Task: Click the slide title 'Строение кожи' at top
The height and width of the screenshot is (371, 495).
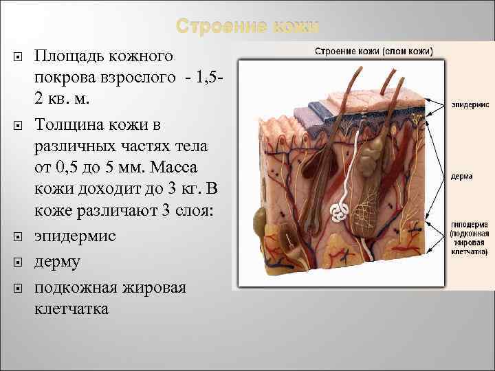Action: tap(247, 27)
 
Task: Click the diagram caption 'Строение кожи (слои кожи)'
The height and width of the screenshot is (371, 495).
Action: tap(374, 51)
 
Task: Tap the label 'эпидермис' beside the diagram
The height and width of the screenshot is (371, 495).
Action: tap(471, 105)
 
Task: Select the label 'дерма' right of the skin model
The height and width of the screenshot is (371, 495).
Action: tap(462, 176)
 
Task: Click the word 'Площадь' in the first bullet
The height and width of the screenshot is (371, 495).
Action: tap(69, 55)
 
